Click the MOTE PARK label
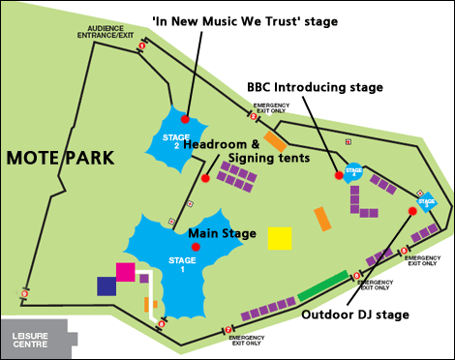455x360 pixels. click(60, 157)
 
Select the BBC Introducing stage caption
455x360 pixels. click(316, 86)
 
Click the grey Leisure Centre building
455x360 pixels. click(37, 338)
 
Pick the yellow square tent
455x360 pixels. click(281, 238)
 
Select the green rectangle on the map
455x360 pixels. click(322, 287)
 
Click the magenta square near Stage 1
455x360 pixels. click(125, 271)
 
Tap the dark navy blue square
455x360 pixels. click(106, 285)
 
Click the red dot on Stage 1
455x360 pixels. click(196, 248)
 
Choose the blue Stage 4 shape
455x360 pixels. click(354, 171)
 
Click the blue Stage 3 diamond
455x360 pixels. click(428, 203)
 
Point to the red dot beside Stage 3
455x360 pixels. click(412, 210)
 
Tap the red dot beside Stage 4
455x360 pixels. click(339, 176)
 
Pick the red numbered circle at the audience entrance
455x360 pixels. click(142, 45)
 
